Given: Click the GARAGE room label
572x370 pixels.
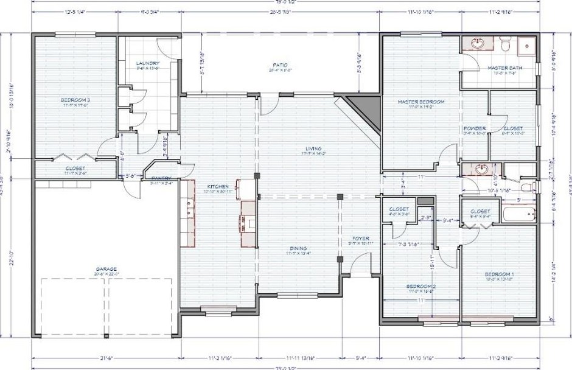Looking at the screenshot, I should pos(106,268).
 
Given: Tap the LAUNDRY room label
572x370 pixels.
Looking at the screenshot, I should pos(148,63).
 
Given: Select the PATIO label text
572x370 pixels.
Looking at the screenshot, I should pos(280,65).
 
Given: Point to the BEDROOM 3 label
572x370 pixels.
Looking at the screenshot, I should pos(75,100).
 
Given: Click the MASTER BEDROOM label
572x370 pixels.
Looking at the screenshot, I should pos(421,102).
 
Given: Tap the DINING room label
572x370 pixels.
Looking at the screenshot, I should pos(298,248).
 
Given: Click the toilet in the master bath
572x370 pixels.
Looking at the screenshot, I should pos(504,44).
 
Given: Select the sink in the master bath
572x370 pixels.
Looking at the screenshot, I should pos(478,43).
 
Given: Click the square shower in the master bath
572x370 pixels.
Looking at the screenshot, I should pos(526,46).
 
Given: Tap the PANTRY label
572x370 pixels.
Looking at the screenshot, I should pos(161,178).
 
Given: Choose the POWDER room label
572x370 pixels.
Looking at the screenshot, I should pos(475,128).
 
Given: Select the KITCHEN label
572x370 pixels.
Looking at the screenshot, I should pos(218,186).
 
